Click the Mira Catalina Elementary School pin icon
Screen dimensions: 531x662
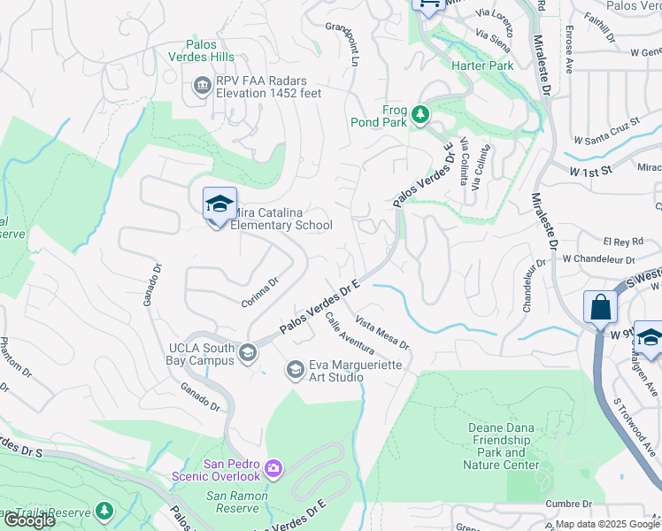point(219,205)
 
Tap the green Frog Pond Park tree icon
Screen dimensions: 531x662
point(420,114)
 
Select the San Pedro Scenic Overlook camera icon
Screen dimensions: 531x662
point(273,467)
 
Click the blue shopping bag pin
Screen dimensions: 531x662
point(600,309)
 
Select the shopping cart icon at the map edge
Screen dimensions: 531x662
point(428,5)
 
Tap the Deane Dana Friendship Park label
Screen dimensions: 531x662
point(502,446)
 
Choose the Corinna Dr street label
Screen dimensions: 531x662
point(260,293)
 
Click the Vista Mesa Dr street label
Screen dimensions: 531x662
point(382,332)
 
